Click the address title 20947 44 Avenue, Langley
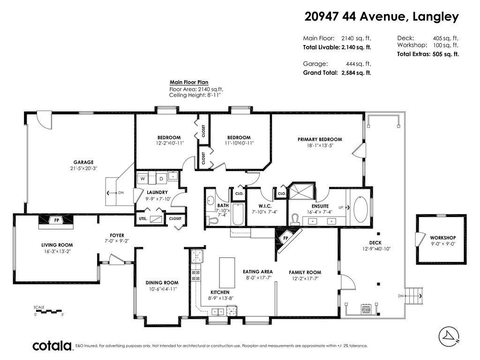(381, 17)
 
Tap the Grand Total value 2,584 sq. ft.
(354, 73)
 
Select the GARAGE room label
(83, 162)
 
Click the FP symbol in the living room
(56, 220)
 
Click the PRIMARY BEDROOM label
(319, 139)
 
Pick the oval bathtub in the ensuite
(361, 209)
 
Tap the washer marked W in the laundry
(142, 179)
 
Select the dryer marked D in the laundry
(160, 179)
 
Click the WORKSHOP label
(442, 238)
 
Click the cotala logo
(52, 346)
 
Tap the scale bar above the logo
(48, 311)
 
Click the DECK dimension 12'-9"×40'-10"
(375, 248)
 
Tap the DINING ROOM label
(162, 283)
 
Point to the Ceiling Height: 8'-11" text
(195, 95)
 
